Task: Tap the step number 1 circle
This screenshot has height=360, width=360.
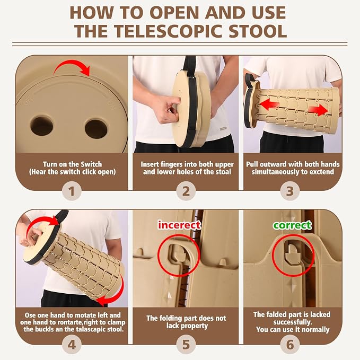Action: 72,191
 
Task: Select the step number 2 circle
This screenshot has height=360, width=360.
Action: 186,191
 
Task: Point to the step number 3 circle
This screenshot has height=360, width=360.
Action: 290,191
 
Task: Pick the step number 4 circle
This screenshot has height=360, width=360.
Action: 72,345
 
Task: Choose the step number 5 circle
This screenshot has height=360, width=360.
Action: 186,345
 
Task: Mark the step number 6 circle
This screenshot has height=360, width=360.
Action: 290,345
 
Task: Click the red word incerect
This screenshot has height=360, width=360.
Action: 179,225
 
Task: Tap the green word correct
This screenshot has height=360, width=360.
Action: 292,225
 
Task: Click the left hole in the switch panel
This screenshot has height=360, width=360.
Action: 42,126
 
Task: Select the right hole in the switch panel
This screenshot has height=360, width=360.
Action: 96,128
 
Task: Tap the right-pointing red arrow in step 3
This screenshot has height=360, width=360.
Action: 318,110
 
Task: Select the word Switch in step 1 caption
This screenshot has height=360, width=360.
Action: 91,164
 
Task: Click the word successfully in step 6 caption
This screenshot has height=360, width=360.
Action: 293,322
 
